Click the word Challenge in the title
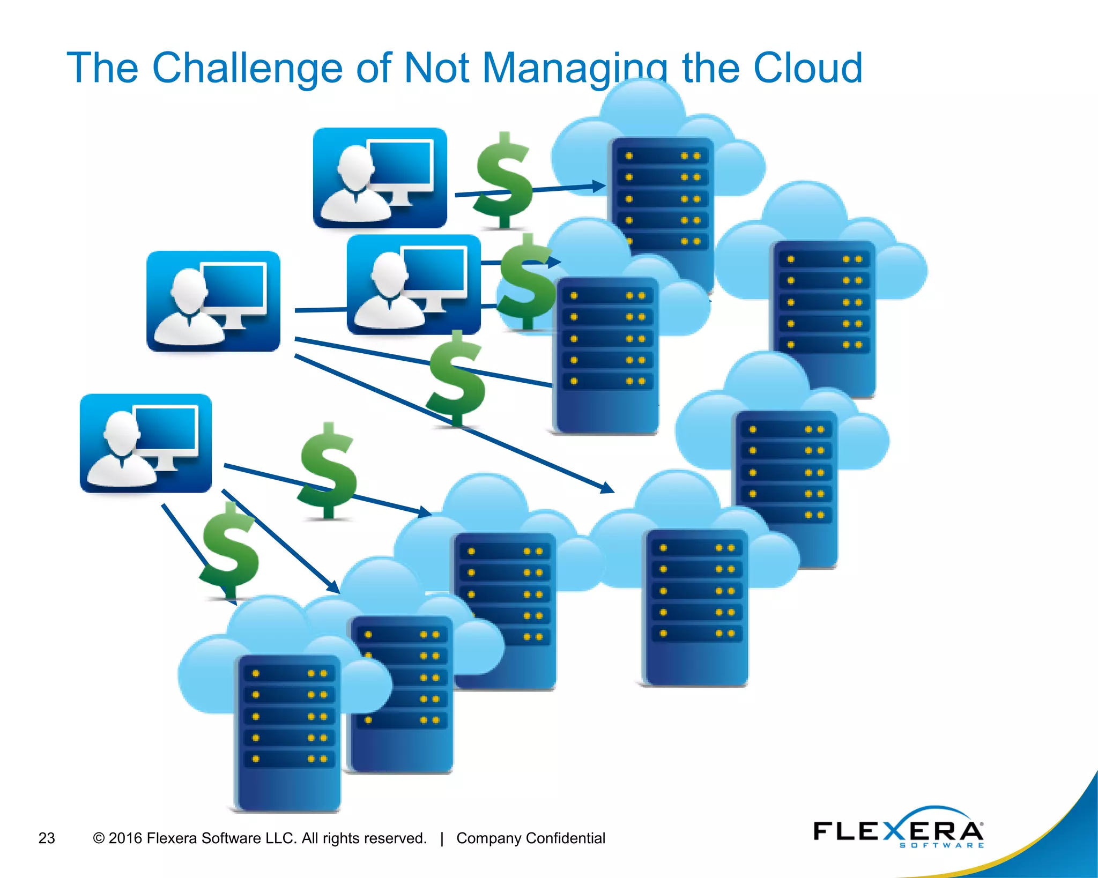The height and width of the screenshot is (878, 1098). pyautogui.click(x=247, y=68)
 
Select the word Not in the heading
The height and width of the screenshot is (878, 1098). pyautogui.click(x=436, y=68)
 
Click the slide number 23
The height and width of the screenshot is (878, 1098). pyautogui.click(x=47, y=838)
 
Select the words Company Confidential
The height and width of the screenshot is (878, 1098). pyautogui.click(x=530, y=838)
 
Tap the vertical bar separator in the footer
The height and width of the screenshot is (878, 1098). pyautogui.click(x=442, y=838)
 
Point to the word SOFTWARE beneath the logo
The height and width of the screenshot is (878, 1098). pyautogui.click(x=941, y=845)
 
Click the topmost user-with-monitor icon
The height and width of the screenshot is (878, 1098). pyautogui.click(x=380, y=178)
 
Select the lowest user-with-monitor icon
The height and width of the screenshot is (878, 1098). pyautogui.click(x=145, y=443)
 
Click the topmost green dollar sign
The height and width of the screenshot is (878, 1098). pyautogui.click(x=504, y=180)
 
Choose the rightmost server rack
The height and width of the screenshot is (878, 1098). pyautogui.click(x=822, y=318)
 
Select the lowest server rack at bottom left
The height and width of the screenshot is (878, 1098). pyautogui.click(x=288, y=731)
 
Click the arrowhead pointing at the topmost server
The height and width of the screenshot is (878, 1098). pyautogui.click(x=599, y=187)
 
